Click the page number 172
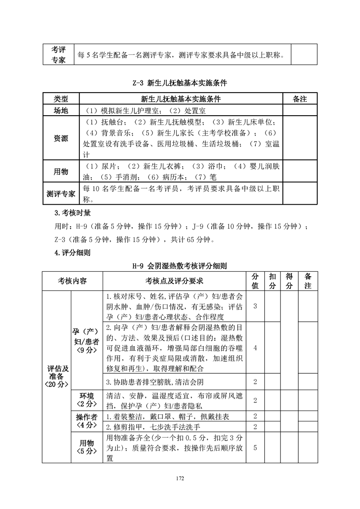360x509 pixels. coord(180,478)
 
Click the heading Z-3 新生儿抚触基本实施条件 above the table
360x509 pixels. coord(180,84)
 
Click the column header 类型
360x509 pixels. coord(61,99)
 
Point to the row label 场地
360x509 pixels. coord(61,110)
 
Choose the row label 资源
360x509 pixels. coord(61,138)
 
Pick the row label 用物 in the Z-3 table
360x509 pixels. coord(61,171)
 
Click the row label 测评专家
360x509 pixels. coord(61,194)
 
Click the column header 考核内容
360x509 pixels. coord(72,281)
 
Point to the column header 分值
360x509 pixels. coord(255,281)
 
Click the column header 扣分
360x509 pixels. coord(272,281)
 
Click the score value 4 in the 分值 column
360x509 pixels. coord(255,348)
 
